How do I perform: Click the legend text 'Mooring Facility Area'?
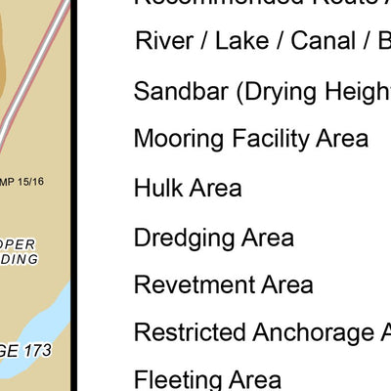[x=251, y=139]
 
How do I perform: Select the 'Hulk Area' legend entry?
[x=188, y=188]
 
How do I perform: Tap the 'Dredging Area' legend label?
[x=213, y=237]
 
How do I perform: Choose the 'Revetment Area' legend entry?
[x=223, y=284]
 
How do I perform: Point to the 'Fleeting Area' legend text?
[x=207, y=379]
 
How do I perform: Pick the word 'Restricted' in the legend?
[x=189, y=332]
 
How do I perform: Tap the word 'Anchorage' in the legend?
[x=311, y=332]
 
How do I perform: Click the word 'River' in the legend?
[x=163, y=42]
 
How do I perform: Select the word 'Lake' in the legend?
[x=238, y=42]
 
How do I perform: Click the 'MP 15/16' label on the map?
[x=23, y=181]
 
